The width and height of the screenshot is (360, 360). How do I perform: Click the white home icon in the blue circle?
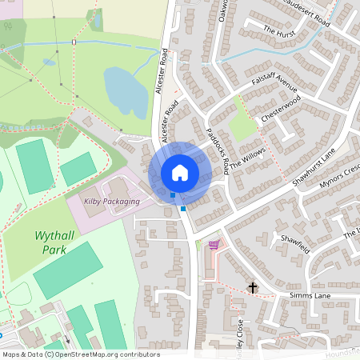click(180, 172)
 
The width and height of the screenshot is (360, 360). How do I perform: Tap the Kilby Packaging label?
click(111, 202)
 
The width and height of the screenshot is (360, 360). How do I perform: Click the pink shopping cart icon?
click(214, 245)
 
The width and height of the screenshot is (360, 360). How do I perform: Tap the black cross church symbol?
click(253, 287)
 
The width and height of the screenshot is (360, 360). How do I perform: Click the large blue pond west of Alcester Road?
click(126, 90)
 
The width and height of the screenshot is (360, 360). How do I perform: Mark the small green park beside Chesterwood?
click(242, 126)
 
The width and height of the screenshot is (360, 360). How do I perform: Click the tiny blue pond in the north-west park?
click(50, 62)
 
